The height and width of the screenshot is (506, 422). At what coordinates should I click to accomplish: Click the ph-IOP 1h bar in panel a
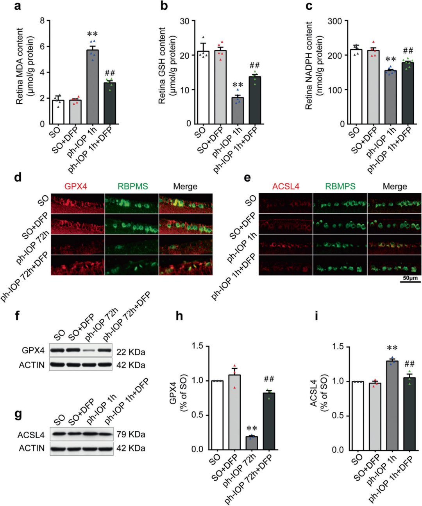click(93, 87)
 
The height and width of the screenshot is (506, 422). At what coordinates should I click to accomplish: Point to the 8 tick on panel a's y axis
click(43, 20)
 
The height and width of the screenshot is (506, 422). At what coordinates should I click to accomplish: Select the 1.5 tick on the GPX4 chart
click(198, 346)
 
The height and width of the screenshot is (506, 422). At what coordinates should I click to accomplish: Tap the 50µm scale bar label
click(410, 278)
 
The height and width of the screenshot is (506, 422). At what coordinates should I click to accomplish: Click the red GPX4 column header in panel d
click(76, 186)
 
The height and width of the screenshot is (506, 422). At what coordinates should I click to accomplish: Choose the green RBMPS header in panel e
click(340, 186)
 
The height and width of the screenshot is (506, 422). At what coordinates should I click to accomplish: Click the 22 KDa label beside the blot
click(131, 352)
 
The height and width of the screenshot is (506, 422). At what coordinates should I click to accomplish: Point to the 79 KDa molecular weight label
click(131, 434)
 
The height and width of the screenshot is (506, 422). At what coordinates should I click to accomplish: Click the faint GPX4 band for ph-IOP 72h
click(89, 351)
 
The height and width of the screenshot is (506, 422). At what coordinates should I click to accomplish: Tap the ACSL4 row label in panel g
click(31, 435)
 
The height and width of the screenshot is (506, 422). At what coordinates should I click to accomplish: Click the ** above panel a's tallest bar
click(93, 34)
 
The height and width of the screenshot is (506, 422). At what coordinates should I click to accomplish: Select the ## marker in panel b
click(255, 65)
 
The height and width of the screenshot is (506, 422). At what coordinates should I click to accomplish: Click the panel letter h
click(179, 315)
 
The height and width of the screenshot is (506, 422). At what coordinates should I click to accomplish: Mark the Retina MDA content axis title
click(20, 66)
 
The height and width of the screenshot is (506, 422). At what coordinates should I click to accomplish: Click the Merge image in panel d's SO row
click(186, 203)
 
